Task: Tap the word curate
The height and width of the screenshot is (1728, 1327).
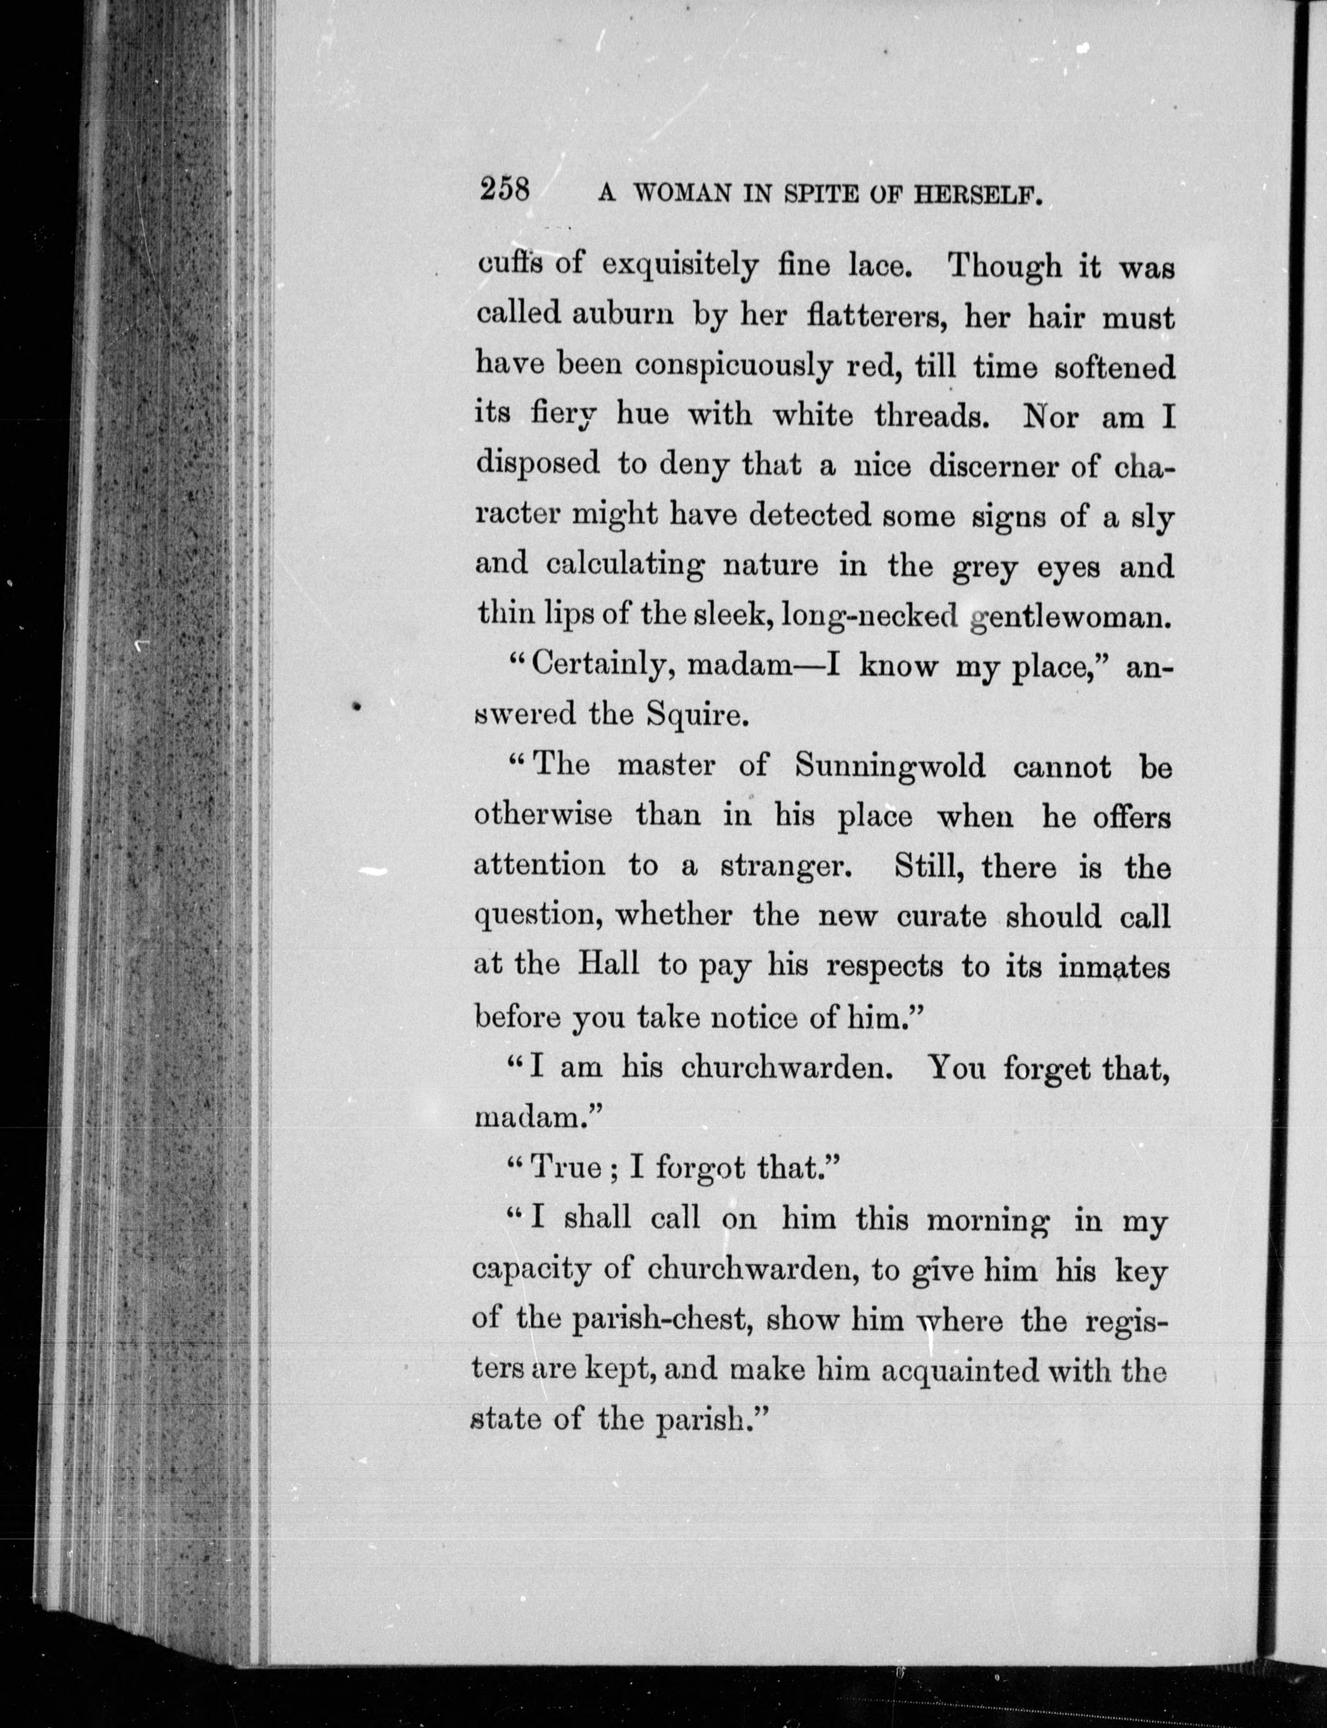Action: coord(941,917)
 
